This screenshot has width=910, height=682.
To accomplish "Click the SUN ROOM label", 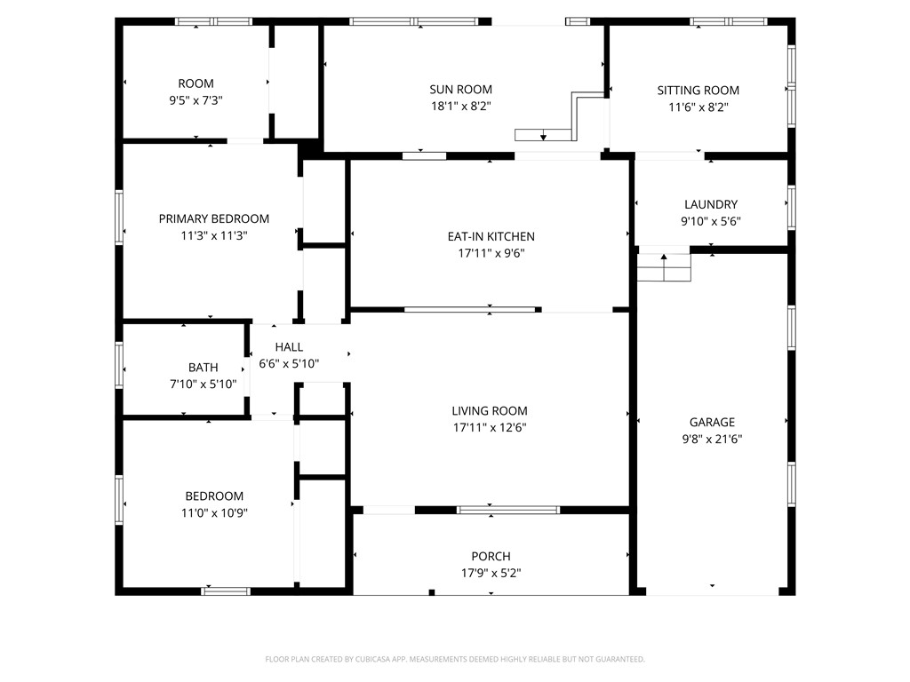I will (460, 89).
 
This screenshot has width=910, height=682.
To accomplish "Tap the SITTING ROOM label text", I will (698, 90).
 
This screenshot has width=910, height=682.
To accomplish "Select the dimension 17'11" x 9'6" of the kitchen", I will (491, 253).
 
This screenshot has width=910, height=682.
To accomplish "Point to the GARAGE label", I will (712, 422).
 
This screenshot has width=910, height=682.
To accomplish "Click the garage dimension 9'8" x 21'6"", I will (712, 438).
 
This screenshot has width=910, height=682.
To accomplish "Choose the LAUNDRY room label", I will (710, 204).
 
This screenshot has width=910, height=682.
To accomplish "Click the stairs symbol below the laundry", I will (664, 267).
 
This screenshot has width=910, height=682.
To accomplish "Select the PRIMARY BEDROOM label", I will (213, 218).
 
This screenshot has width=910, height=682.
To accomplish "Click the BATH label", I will (203, 367).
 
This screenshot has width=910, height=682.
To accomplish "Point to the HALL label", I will (289, 347).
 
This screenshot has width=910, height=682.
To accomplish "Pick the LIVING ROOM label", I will (489, 410).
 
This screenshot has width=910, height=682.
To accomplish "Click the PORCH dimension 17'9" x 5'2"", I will (491, 573).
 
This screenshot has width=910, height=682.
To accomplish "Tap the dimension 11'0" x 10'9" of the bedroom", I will (213, 512).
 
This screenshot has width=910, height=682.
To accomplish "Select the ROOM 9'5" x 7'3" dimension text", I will (196, 100).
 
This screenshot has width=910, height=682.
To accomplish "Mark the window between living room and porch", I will (507, 510).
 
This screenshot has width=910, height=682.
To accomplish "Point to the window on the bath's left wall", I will (119, 366).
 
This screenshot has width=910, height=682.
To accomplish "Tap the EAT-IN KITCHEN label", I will (491, 236).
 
